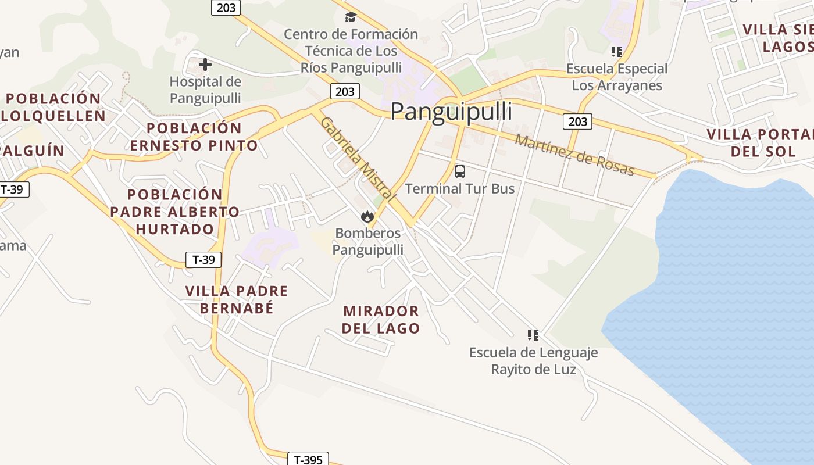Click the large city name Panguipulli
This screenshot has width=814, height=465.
pyautogui.click(x=451, y=112)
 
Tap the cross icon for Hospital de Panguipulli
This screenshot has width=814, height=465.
pyautogui.click(x=205, y=65)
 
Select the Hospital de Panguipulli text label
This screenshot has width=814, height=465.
pyautogui.click(x=205, y=90)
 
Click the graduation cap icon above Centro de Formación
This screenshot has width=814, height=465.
pyautogui.click(x=351, y=17)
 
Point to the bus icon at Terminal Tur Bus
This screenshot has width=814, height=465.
pyautogui.click(x=460, y=171)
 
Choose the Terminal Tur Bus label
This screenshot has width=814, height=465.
pyautogui.click(x=459, y=188)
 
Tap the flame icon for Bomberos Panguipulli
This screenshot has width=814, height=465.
pyautogui.click(x=367, y=217)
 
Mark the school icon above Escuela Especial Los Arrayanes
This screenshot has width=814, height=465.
pyautogui.click(x=617, y=52)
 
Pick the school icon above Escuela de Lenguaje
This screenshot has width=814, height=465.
pyautogui.click(x=533, y=335)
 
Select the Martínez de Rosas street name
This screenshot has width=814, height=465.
pyautogui.click(x=574, y=155)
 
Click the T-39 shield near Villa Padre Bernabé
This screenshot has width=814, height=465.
pyautogui.click(x=203, y=260)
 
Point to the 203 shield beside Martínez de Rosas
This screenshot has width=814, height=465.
pyautogui.click(x=577, y=121)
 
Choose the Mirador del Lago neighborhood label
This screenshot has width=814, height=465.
pyautogui.click(x=381, y=320)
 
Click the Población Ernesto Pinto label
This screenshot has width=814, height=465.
pyautogui.click(x=194, y=137)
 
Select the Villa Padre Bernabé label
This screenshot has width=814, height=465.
pyautogui.click(x=237, y=299)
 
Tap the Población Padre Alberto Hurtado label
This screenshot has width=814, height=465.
pyautogui.click(x=175, y=212)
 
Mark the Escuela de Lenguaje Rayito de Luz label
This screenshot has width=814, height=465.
pyautogui.click(x=533, y=361)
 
